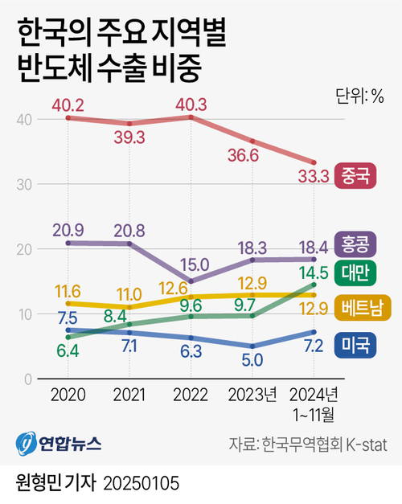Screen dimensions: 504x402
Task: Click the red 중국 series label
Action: pyautogui.click(x=355, y=174)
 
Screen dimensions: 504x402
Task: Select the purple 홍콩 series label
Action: pyautogui.click(x=355, y=243)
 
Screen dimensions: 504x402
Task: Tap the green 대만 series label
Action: pyautogui.click(x=355, y=271)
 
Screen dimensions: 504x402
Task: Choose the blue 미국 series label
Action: pyautogui.click(x=355, y=345)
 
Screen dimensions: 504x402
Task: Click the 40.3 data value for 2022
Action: pyautogui.click(x=191, y=104)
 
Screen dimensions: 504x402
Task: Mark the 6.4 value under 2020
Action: pyautogui.click(x=68, y=350)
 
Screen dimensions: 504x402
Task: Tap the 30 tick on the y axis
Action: pyautogui.click(x=23, y=184)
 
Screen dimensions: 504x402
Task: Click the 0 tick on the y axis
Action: pyautogui.click(x=27, y=379)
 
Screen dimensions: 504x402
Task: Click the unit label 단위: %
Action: pyautogui.click(x=359, y=96)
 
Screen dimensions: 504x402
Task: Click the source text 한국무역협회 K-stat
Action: pyautogui.click(x=321, y=443)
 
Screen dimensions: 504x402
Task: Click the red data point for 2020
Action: pyautogui.click(x=68, y=118)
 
